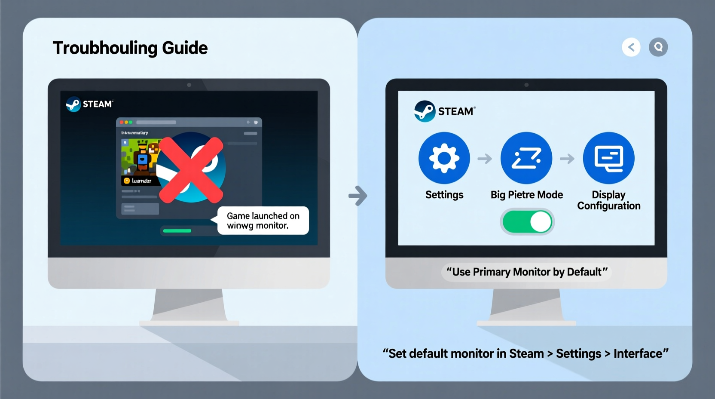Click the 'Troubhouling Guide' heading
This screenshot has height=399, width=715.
(x=130, y=48)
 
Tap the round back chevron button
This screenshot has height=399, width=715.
(x=631, y=47)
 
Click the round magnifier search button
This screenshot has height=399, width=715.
(x=658, y=47)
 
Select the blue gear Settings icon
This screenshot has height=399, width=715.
(x=444, y=158)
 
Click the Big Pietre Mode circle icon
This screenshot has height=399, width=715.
(x=526, y=158)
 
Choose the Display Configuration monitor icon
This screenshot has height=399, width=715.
(x=608, y=158)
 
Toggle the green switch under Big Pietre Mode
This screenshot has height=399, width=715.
(x=527, y=222)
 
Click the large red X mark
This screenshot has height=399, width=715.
(x=191, y=170)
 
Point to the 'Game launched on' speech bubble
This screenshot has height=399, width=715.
(x=263, y=221)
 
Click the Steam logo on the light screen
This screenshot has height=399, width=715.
(x=425, y=111)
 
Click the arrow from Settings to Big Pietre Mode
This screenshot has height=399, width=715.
(x=485, y=159)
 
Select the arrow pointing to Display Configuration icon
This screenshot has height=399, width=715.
(x=567, y=159)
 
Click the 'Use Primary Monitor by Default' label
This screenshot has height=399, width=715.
(x=527, y=272)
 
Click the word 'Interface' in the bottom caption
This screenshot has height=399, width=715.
(x=638, y=353)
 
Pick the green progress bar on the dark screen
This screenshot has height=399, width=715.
(x=177, y=231)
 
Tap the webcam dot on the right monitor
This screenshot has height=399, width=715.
(x=526, y=85)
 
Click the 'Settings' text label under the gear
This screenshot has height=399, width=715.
(x=444, y=195)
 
